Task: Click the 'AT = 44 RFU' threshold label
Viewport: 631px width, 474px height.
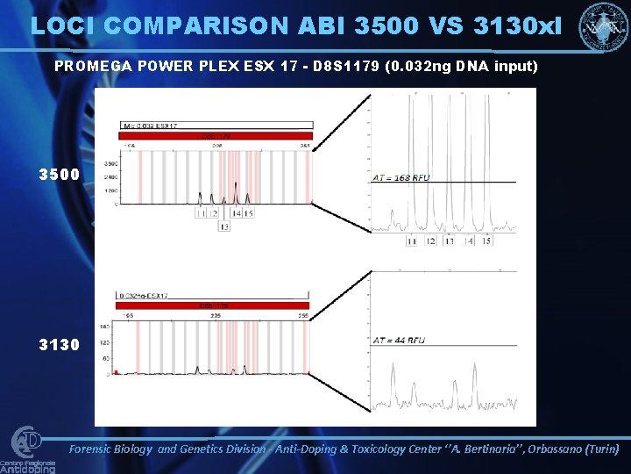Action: coord(399,340)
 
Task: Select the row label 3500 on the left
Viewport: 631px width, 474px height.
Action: coord(59,175)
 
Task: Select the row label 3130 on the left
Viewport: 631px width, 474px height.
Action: coord(59,345)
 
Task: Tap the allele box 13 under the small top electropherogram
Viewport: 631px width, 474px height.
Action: coord(224,226)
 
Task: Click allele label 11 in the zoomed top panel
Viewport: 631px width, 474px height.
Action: coord(412,241)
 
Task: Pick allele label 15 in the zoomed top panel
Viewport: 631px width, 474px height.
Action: coord(486,241)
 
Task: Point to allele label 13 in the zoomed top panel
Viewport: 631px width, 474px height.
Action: coord(450,241)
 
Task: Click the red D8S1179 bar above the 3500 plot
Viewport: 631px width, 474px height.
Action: coord(215,136)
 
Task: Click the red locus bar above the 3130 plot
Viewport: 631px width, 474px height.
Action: coord(215,305)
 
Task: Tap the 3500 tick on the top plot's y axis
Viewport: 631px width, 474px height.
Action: coord(111,164)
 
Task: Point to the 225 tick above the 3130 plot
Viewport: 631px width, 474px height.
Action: coord(216,314)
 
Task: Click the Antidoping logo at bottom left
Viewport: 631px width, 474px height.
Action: coord(28,450)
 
